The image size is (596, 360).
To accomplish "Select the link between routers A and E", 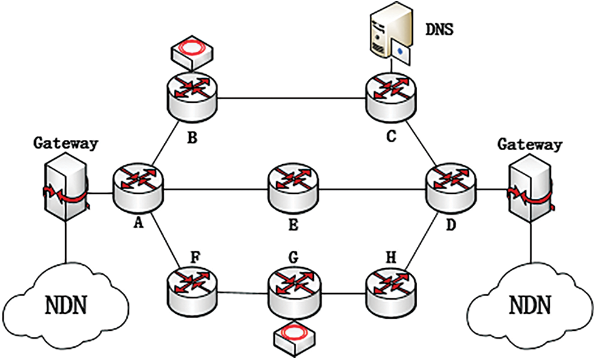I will pyautogui.click(x=215, y=189).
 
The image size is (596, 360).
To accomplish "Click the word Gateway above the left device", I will pyautogui.click(x=65, y=144).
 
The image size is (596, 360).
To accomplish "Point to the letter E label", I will pyautogui.click(x=293, y=226).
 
